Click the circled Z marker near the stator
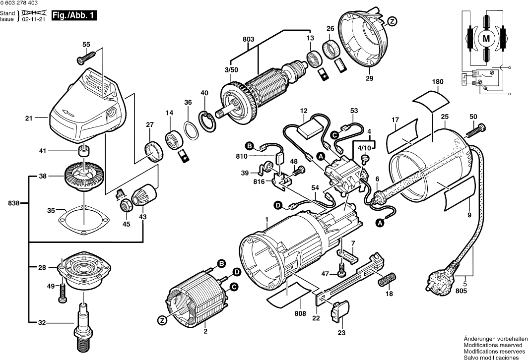[162, 320]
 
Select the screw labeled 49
[63, 292]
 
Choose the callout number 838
[13, 203]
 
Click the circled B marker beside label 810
[250, 146]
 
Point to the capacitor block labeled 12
[308, 130]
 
